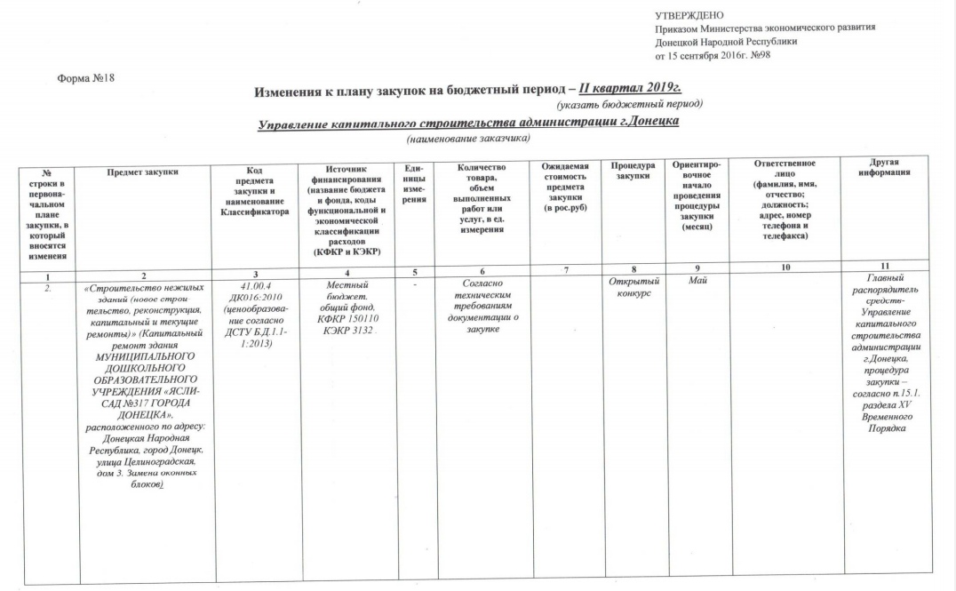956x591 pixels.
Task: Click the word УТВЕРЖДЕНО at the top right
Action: point(689,15)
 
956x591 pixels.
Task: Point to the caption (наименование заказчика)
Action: point(467,140)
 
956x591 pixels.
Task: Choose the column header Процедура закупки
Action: point(632,172)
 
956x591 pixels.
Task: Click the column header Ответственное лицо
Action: point(785,168)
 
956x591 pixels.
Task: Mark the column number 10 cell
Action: point(785,268)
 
